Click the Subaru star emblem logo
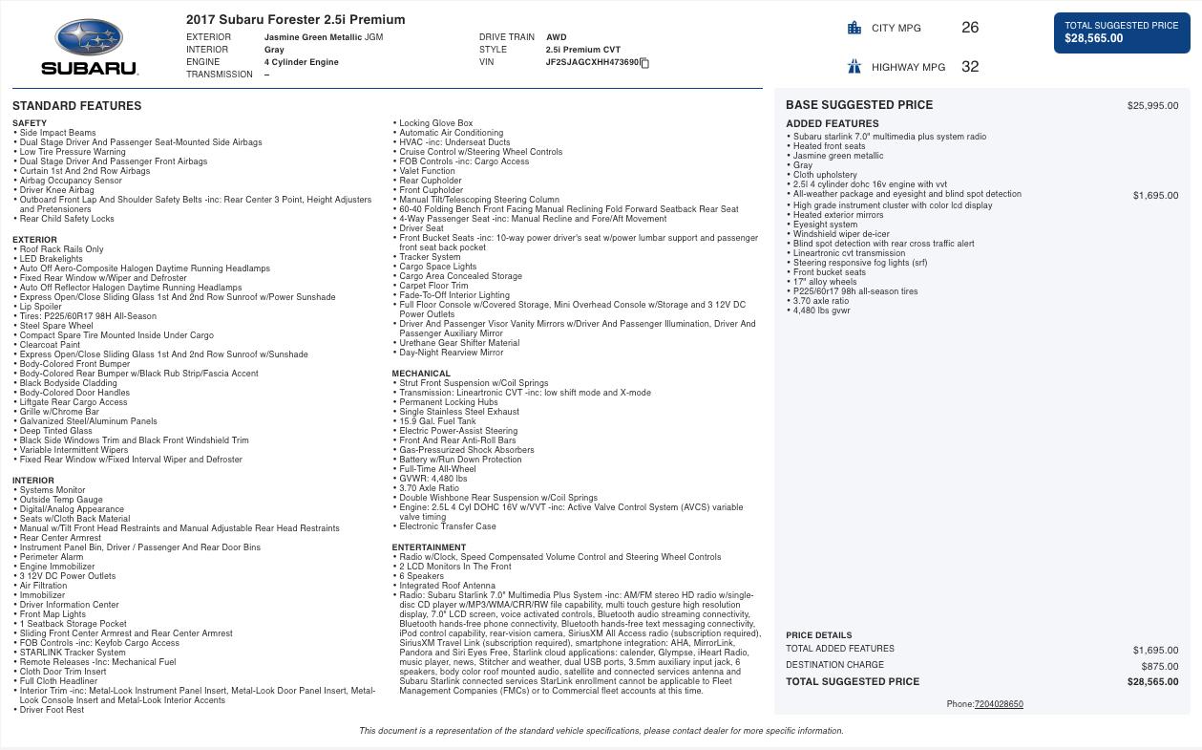click(x=89, y=38)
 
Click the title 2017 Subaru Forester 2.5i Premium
click(x=295, y=19)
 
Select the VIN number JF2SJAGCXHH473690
click(x=592, y=62)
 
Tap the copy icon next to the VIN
click(x=644, y=63)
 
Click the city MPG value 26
click(x=970, y=28)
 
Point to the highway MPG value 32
click(x=970, y=66)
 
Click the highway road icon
click(x=854, y=66)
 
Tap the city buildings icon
click(x=854, y=28)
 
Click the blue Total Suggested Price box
click(x=1121, y=32)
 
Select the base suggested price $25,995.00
click(x=1152, y=106)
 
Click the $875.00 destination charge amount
click(x=1159, y=666)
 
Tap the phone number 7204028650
click(x=998, y=704)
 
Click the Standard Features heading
click(x=76, y=106)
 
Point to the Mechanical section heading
click(x=420, y=374)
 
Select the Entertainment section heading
click(x=428, y=547)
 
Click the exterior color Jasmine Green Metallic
click(x=313, y=37)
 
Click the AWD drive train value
click(x=556, y=37)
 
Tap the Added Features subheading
click(x=832, y=123)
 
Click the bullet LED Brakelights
click(x=52, y=259)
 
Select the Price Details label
click(x=818, y=635)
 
